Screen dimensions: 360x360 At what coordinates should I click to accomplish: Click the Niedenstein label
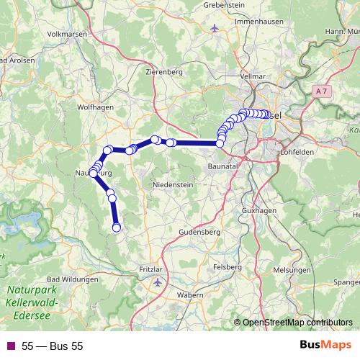(x=173, y=185)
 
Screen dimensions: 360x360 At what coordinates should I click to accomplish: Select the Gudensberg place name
(x=199, y=233)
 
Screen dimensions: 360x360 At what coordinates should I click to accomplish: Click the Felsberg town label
(x=228, y=266)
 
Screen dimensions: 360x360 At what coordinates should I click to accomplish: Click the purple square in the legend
(x=10, y=346)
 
